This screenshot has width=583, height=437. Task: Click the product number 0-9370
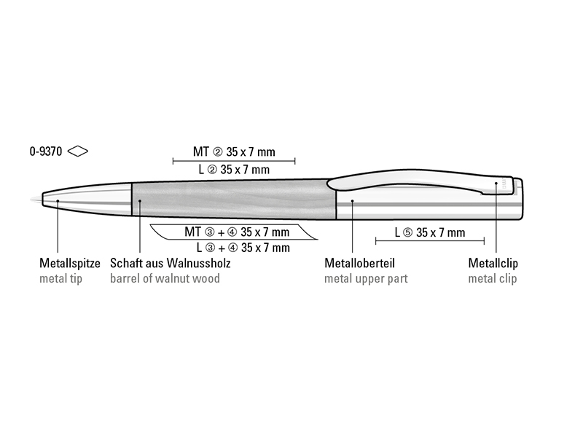[46, 151]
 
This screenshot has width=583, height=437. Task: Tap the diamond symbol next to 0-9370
[78, 151]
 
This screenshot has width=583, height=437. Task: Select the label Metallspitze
[70, 263]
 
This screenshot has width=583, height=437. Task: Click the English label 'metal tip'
[61, 278]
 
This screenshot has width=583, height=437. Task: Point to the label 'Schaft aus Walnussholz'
[171, 263]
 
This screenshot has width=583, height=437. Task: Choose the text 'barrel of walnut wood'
[165, 278]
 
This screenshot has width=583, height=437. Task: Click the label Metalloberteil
[359, 263]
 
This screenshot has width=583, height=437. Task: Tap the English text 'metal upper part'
[366, 279]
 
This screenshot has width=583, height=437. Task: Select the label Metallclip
[493, 263]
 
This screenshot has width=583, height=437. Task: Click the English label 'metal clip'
[493, 279]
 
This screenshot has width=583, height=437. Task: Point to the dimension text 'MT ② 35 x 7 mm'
[234, 151]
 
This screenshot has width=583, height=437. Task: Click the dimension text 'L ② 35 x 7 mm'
[234, 170]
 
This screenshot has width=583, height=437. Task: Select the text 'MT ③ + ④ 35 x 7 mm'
[237, 232]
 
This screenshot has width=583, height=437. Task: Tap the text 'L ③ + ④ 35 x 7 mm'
[243, 248]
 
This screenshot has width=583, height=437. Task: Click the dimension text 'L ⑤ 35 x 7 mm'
[430, 232]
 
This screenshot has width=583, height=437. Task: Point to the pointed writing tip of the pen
[31, 200]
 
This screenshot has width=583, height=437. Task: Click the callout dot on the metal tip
[58, 201]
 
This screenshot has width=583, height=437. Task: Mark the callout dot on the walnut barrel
[140, 201]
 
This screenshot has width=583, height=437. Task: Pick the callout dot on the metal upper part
[353, 201]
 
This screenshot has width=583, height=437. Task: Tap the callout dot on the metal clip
[496, 184]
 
